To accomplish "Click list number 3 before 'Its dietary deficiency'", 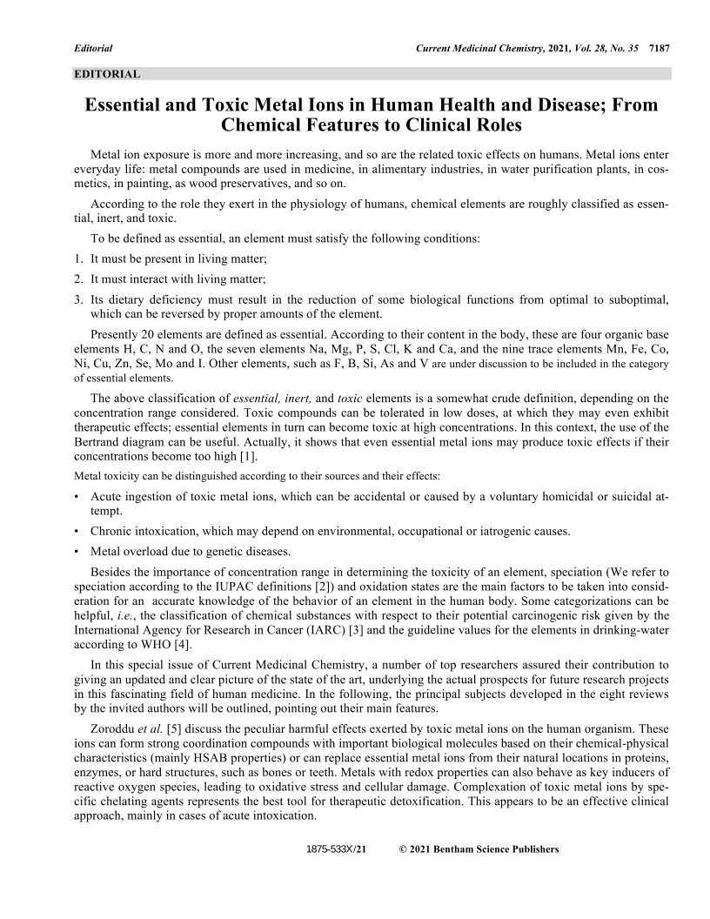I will point(77,299).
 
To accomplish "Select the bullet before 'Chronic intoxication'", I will point(77,531).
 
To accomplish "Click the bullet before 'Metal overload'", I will point(77,551).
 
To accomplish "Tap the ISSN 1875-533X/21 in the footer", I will point(338,849).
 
